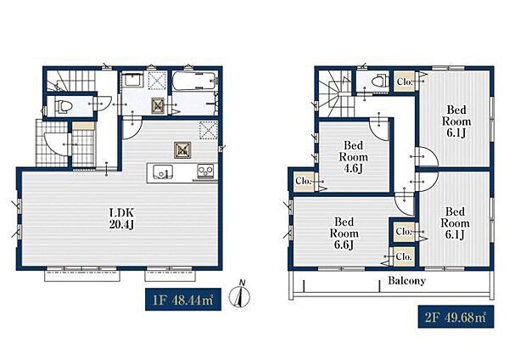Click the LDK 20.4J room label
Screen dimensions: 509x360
pos(121,219)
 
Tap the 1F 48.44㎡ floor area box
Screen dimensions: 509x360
pos(183,299)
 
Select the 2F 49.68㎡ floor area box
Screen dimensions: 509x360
pos(456,317)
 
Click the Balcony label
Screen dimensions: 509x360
pos(406,280)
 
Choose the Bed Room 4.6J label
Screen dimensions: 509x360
pos(353,157)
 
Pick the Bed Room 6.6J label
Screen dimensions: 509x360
pos(344,233)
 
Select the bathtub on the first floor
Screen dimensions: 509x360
pos(193,82)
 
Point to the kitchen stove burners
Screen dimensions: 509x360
pos(206,171)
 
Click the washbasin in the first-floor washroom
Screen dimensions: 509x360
pos(132,79)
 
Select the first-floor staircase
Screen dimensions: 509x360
pos(71,81)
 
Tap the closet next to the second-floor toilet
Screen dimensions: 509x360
pos(405,82)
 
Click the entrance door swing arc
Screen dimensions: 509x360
pos(56,144)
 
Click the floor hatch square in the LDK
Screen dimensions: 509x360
pos(182,150)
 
